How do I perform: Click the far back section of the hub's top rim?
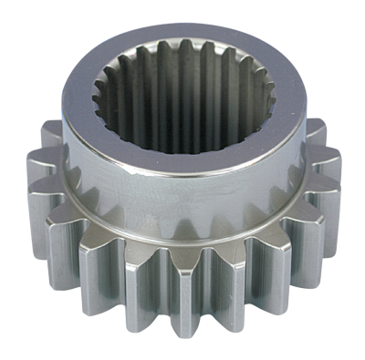point(182,26)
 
